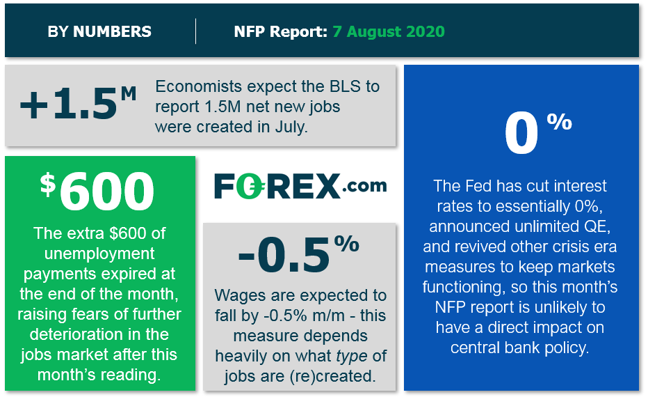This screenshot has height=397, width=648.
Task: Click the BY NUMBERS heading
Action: point(99,31)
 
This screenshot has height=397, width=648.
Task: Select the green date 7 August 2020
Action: point(389,31)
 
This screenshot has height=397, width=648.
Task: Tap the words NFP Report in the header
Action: point(281,31)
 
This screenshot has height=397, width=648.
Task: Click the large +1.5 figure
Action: point(69,104)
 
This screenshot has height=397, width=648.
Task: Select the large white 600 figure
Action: point(107,192)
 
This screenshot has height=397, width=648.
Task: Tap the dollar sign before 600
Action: point(48,185)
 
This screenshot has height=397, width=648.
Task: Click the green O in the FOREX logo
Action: point(253,186)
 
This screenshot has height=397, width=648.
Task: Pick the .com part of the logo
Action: point(364,186)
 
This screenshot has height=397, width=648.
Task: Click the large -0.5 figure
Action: point(284,256)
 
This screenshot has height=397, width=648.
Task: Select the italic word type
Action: point(352,357)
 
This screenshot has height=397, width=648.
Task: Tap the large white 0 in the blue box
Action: point(521,134)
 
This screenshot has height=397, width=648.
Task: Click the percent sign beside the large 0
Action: point(559,122)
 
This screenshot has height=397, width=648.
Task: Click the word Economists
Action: point(198,86)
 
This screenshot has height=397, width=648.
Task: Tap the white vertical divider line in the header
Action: point(195,31)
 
